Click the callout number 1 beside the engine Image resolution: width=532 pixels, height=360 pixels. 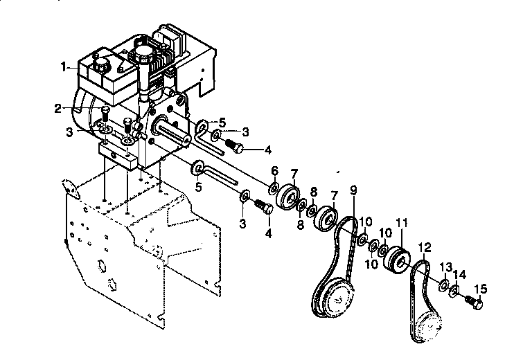[x=64, y=67]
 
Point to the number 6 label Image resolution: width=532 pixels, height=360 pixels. [x=274, y=170]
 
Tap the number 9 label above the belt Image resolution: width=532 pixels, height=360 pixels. [x=353, y=190]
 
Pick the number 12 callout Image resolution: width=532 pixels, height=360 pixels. [x=424, y=246]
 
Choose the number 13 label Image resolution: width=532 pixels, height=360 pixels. [x=445, y=267]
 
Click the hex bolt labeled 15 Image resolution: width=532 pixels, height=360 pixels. [x=475, y=303]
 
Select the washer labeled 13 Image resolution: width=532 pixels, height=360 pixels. [x=443, y=285]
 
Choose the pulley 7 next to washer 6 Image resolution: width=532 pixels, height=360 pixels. [x=288, y=197]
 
